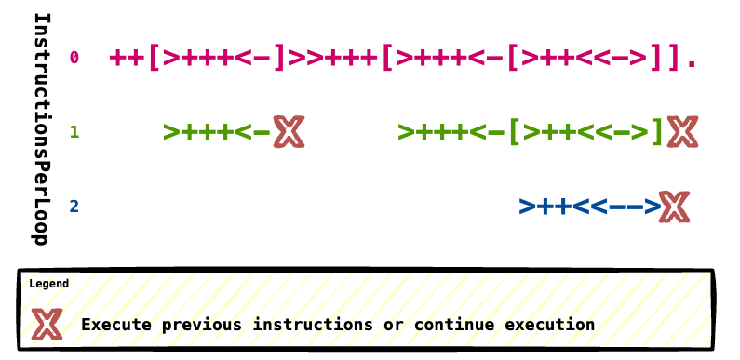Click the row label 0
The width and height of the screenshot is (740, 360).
[x=74, y=58]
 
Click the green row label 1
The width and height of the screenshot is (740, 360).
[x=74, y=133]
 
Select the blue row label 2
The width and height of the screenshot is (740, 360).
[x=74, y=207]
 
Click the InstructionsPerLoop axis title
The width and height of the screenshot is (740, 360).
[x=41, y=128]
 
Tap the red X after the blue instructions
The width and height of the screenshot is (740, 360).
[x=675, y=207]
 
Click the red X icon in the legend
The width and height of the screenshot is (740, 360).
[x=47, y=324]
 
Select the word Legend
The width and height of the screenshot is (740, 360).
[x=49, y=284]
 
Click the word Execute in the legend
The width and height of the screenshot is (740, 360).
[x=116, y=325]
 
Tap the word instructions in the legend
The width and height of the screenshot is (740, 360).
[x=313, y=325]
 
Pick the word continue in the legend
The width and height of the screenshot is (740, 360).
[x=454, y=325]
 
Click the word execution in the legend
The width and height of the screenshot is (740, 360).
[x=549, y=325]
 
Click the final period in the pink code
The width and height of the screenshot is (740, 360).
[x=692, y=62]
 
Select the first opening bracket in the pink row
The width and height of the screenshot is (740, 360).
[x=154, y=58]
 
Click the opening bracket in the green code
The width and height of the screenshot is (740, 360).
[x=516, y=133]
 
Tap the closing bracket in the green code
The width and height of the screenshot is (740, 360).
[x=657, y=133]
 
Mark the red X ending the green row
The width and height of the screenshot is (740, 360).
[x=682, y=132]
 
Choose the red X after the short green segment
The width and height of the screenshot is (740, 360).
[x=289, y=132]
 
